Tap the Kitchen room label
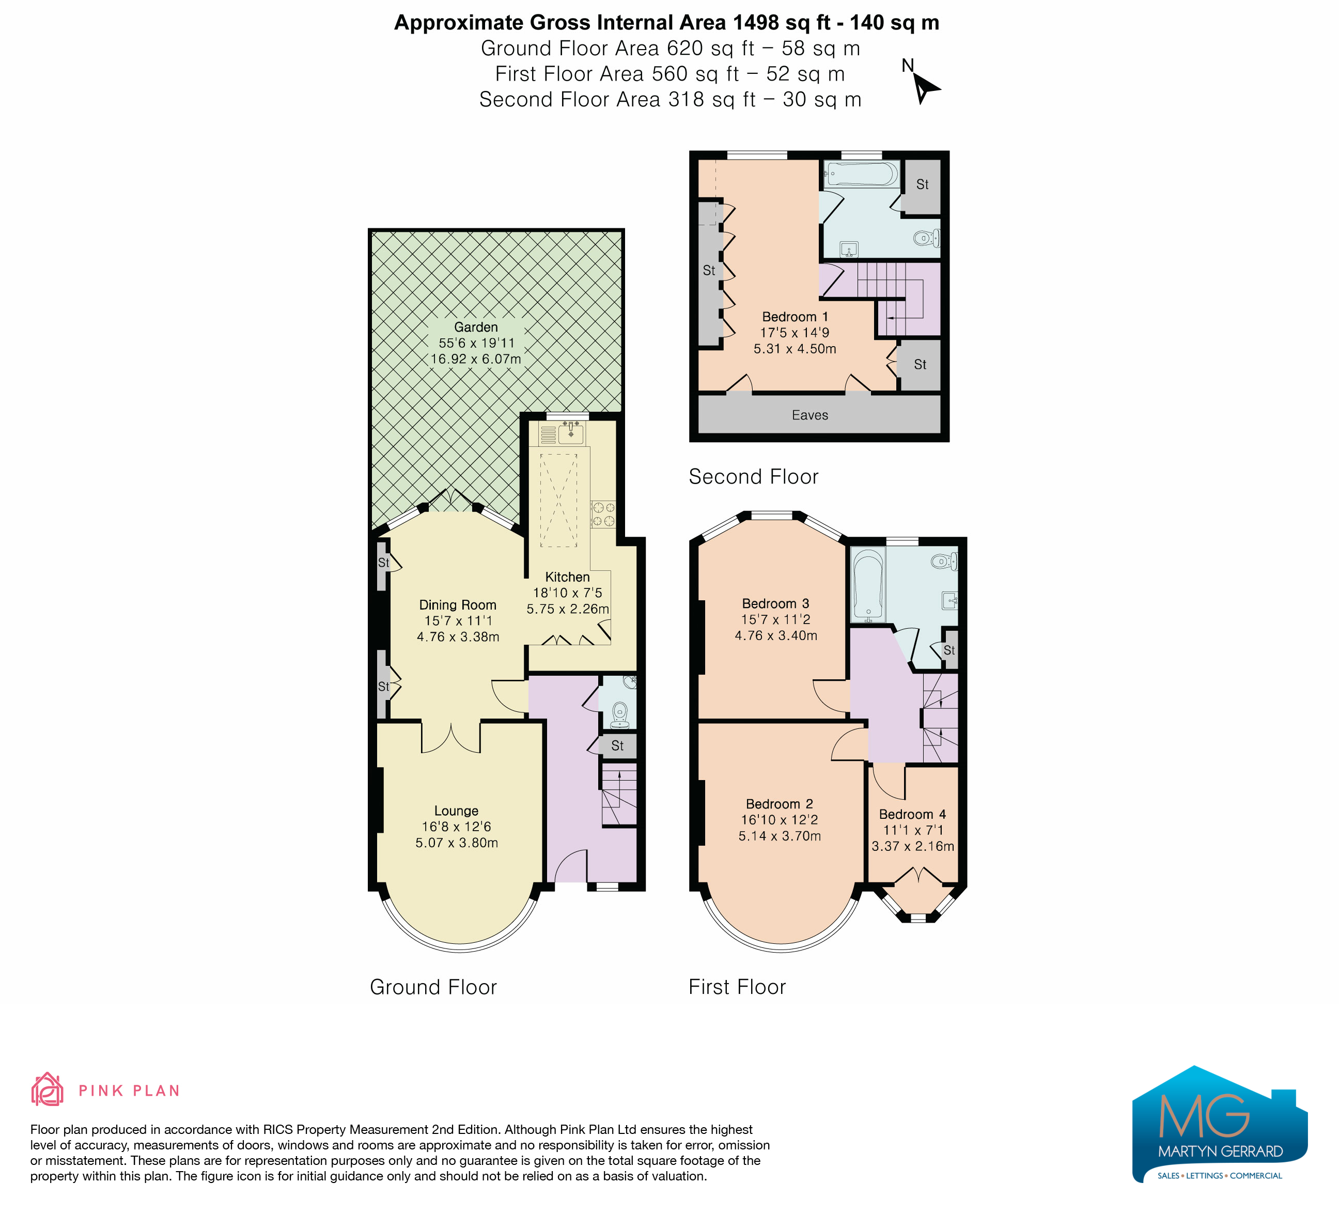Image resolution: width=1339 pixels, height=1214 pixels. [567, 577]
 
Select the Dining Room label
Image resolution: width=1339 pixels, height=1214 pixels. [458, 605]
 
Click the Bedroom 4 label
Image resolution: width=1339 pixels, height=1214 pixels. [913, 814]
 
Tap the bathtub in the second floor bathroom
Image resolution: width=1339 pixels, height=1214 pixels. [861, 175]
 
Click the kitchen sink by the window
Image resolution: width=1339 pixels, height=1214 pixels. [570, 433]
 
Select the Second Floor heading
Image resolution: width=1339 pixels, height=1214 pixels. [753, 476]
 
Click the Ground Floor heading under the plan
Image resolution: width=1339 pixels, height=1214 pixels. [433, 987]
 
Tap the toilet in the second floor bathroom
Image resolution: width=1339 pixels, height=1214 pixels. [926, 238]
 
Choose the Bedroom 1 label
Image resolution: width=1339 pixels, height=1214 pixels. [795, 317]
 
